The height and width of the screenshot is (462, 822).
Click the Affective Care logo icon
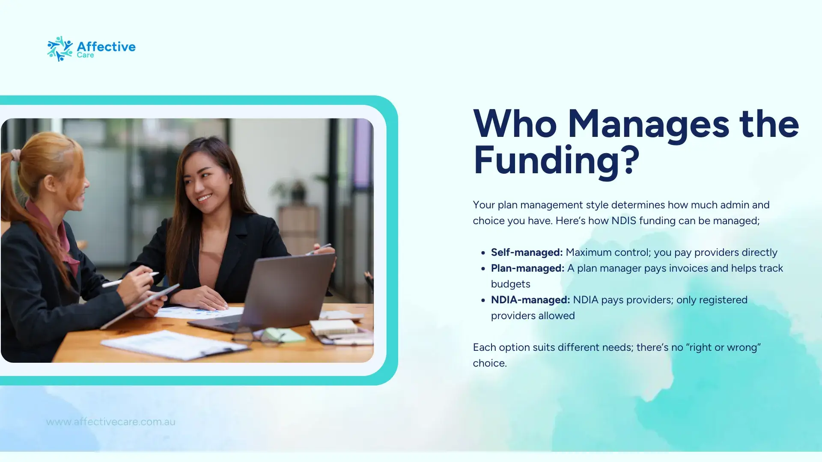pos(60,49)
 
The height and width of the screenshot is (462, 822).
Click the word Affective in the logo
pos(106,46)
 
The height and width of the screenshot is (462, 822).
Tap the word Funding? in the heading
pos(556,160)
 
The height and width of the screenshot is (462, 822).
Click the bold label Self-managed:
pos(527,252)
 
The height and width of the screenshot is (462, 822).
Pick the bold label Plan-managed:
pos(527,268)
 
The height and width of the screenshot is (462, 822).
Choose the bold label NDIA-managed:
pos(530,300)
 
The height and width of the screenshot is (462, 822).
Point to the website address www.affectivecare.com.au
pos(110,422)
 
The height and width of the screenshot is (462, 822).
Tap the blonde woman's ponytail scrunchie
pos(15,154)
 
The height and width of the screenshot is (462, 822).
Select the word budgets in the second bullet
pos(510,284)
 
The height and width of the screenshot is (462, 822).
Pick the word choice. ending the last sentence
pos(490,363)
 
